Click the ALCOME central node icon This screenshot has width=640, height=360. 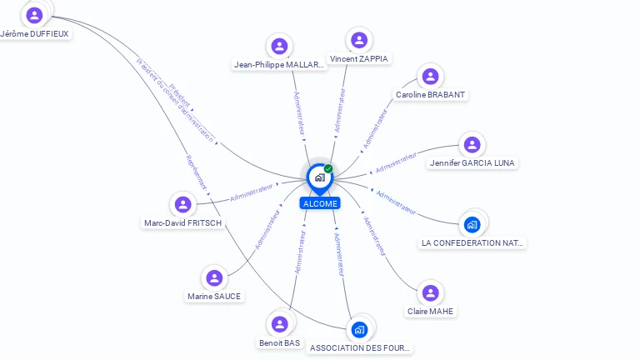(319, 177)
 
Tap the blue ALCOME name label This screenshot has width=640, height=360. (320, 203)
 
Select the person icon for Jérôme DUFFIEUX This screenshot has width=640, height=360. (34, 15)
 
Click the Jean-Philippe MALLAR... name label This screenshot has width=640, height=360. (279, 65)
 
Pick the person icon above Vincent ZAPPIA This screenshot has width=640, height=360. (359, 40)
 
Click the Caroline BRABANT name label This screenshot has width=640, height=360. (430, 95)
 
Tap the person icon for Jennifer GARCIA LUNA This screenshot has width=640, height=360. (472, 144)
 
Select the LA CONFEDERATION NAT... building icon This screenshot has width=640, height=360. (472, 224)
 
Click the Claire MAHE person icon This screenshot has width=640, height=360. (431, 292)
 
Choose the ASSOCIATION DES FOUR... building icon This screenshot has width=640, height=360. (359, 329)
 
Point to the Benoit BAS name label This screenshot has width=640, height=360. (279, 342)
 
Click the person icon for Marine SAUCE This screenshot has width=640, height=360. (214, 277)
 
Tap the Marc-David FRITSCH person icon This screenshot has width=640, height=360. (182, 204)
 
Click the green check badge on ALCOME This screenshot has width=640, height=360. (328, 168)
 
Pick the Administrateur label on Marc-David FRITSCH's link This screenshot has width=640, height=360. (252, 192)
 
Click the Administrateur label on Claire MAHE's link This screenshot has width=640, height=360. (375, 236)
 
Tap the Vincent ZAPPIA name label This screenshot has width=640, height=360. (359, 59)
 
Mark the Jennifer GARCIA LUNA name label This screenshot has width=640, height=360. (472, 163)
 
